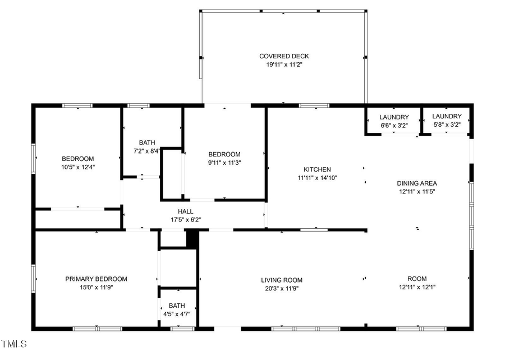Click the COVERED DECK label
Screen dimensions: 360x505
click(284, 56)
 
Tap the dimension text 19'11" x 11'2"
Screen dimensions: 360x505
click(284, 64)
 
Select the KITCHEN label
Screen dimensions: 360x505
click(317, 169)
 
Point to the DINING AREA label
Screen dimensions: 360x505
click(417, 183)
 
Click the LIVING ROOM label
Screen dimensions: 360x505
click(282, 280)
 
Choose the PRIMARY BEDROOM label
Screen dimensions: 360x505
click(96, 279)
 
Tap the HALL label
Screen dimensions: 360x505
click(186, 211)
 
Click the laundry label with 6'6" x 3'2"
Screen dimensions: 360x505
click(394, 117)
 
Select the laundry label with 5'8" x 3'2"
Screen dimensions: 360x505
click(447, 117)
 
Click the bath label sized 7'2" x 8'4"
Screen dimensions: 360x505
click(147, 142)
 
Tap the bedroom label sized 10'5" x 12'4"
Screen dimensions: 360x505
click(77, 159)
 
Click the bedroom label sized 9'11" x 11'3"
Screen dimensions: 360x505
click(224, 155)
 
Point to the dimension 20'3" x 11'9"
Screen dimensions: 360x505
click(282, 289)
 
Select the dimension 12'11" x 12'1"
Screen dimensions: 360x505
click(417, 287)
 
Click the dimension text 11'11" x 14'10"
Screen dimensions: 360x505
click(317, 178)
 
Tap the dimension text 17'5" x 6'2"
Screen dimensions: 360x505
click(186, 220)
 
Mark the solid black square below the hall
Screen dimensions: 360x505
click(192, 238)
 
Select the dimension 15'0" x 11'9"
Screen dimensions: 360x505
click(96, 287)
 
